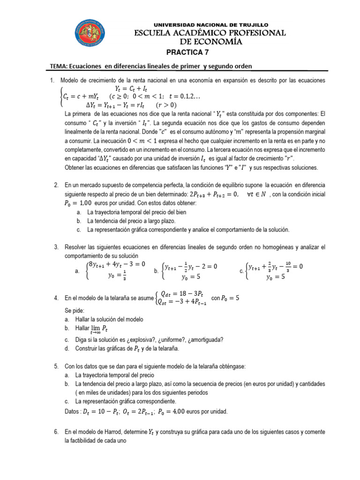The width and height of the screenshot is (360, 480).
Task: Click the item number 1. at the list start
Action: tap(52, 81)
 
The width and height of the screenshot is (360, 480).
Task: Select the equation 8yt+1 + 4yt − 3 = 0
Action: tap(116, 264)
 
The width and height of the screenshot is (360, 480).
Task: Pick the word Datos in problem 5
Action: tap(71, 412)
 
